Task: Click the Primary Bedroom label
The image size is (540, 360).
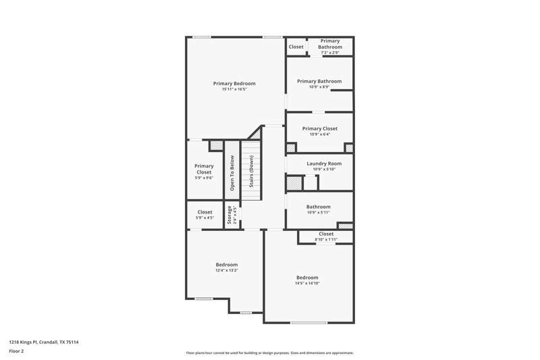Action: pos(234,83)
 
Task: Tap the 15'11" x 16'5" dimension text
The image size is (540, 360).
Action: pos(234,89)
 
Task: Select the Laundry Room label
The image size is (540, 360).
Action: pos(324,163)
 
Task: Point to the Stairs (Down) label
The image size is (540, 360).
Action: pos(251,172)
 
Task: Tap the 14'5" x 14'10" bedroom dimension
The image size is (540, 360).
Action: pos(307,283)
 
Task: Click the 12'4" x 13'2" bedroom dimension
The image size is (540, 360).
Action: pos(227,270)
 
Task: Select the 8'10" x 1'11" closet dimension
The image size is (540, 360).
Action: pos(326,240)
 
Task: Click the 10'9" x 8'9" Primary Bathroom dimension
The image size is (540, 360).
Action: pos(319,87)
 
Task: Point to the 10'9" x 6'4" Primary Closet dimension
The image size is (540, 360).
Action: pos(320,134)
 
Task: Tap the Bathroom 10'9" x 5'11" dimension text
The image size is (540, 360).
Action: pos(319,212)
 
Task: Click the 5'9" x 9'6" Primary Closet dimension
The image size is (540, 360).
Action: pos(204,178)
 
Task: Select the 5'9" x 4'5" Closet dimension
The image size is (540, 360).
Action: pos(204,217)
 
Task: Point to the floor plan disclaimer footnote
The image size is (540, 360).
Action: pos(269,353)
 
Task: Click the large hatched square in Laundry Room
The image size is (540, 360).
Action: pos(294,183)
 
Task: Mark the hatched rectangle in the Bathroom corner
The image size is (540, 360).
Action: pos(345,225)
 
